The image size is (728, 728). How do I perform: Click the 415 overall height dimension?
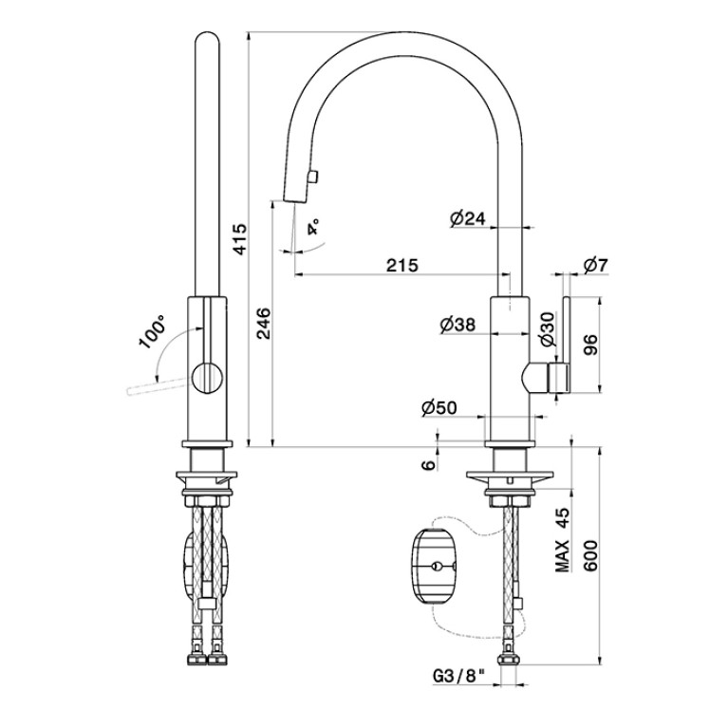pyautogui.click(x=240, y=239)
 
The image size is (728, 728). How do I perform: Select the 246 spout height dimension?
pyautogui.click(x=263, y=323)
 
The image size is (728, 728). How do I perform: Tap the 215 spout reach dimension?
pyautogui.click(x=402, y=265)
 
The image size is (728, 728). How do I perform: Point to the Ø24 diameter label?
pyautogui.click(x=468, y=217)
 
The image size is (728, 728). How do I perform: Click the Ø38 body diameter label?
pyautogui.click(x=457, y=325)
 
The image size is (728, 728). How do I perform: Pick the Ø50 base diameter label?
pyautogui.click(x=439, y=407)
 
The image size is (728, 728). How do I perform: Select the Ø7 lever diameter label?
pyautogui.click(x=596, y=265)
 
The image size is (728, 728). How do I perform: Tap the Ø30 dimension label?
pyautogui.click(x=548, y=329)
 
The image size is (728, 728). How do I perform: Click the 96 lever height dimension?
pyautogui.click(x=591, y=345)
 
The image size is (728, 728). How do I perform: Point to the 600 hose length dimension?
pyautogui.click(x=590, y=555)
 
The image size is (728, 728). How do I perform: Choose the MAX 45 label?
pyautogui.click(x=563, y=539)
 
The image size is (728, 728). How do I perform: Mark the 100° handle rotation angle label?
pyautogui.click(x=152, y=331)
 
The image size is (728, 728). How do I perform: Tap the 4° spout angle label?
pyautogui.click(x=313, y=226)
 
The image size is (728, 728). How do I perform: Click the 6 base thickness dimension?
pyautogui.click(x=429, y=464)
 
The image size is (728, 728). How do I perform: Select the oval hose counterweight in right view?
pyautogui.click(x=434, y=565)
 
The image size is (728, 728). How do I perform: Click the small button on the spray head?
pyautogui.click(x=312, y=176)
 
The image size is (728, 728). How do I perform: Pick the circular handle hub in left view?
pyautogui.click(x=208, y=378)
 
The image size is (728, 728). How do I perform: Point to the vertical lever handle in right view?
pyautogui.click(x=566, y=344)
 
